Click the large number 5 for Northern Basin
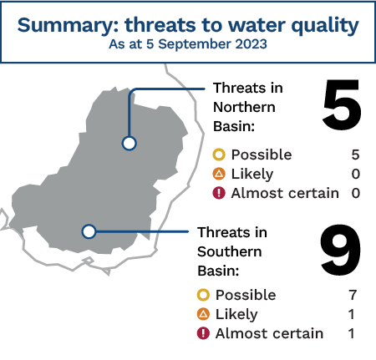pos(342,104)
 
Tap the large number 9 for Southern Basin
pos(341,250)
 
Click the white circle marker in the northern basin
pos(129,144)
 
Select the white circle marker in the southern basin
pos(89,231)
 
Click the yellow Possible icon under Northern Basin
pos(219,155)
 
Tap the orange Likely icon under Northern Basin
pos(219,174)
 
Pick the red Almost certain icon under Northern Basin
pos(219,193)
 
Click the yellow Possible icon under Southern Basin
pos(203,295)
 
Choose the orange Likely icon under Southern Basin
pos(203,314)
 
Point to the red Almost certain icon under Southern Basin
pos(203,333)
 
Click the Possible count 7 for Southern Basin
pos(353,295)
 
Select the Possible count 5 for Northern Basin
pos(355,155)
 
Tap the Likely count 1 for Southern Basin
pos(352,314)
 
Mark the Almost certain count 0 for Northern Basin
pos(356,193)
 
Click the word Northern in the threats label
pos(244,107)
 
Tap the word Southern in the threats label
pos(230,251)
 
